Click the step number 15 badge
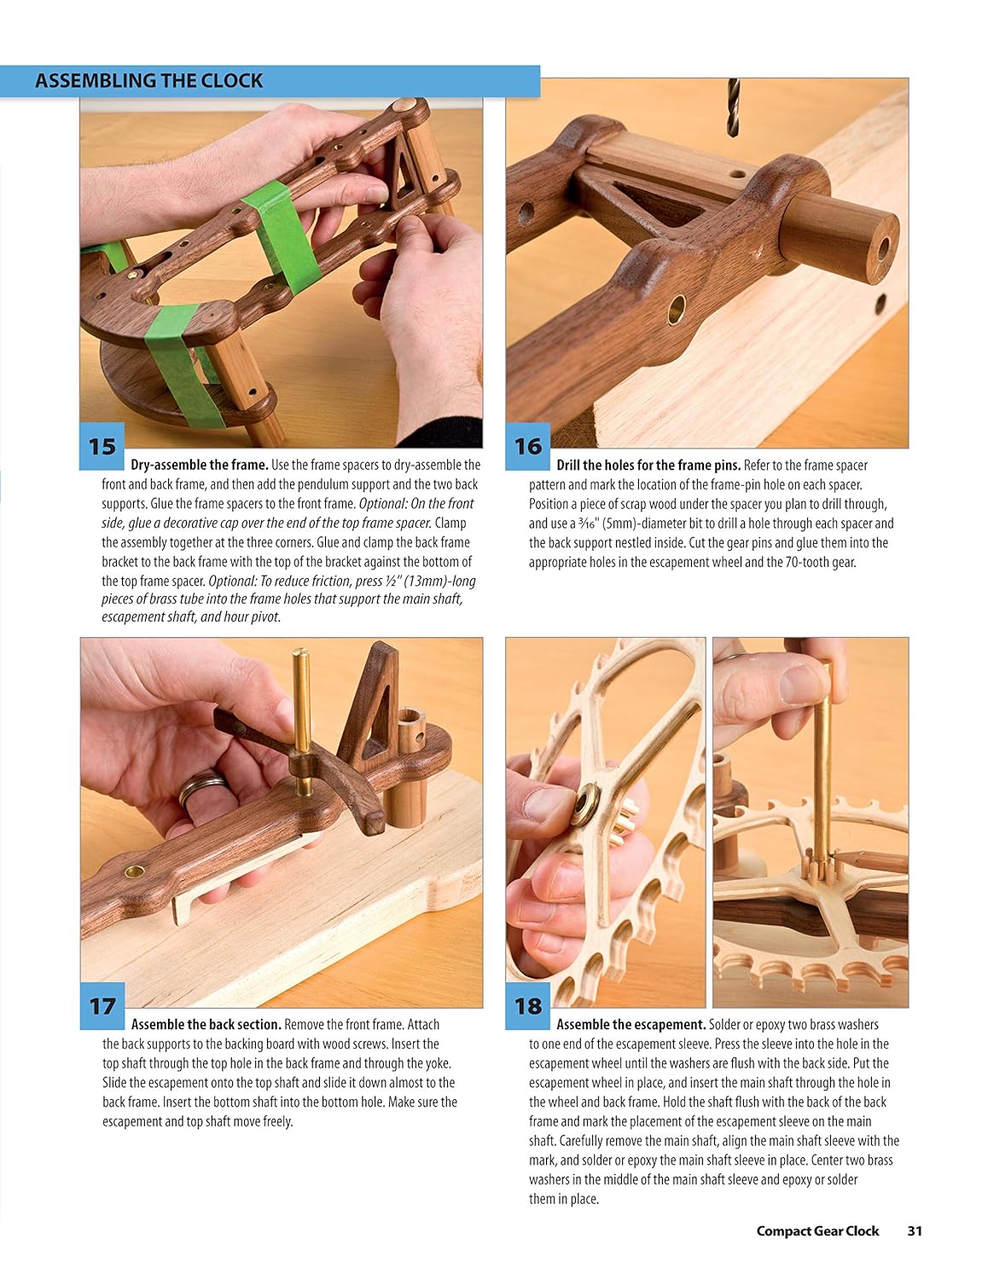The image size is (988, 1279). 102,446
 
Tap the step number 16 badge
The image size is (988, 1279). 527,446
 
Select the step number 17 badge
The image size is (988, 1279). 102,1006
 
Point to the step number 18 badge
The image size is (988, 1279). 527,1006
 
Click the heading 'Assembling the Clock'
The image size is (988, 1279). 148,81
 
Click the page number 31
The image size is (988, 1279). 915,1230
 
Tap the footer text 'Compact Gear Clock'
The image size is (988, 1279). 817,1230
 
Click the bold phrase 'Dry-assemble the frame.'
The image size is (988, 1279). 200,466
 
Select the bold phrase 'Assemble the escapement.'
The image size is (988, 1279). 631,1025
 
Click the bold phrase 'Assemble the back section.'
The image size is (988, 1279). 206,1025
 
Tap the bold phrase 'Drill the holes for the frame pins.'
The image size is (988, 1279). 648,466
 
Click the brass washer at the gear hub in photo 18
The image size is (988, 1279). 587,802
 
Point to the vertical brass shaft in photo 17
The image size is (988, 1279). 300,708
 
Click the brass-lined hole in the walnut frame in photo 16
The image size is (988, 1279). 677,308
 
